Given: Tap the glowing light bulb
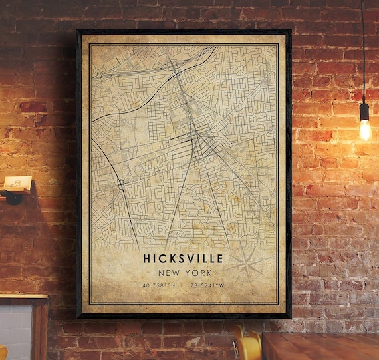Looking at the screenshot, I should point(364,129).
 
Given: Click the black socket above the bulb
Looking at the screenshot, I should point(364,112).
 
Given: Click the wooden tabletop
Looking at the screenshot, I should point(319,346).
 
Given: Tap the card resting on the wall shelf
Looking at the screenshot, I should point(17,183).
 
